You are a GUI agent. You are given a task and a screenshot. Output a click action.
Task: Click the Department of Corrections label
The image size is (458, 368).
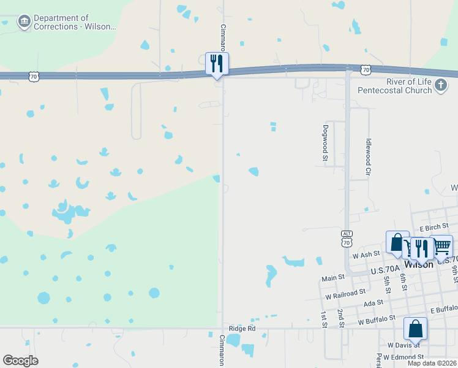point(74,23)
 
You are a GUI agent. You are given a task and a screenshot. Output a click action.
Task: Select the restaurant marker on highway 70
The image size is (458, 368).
point(217,64)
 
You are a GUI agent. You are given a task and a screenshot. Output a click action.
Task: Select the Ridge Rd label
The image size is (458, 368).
point(241,329)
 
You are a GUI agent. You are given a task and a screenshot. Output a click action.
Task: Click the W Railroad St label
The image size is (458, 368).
point(345,293)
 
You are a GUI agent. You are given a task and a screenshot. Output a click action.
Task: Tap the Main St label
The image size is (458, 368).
point(333,278)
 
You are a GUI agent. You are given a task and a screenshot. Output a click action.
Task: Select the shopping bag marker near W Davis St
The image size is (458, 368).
point(416,329)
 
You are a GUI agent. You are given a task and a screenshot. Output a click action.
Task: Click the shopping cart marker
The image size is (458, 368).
point(441,247)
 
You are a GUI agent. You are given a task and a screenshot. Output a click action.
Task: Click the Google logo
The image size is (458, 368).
point(20,361)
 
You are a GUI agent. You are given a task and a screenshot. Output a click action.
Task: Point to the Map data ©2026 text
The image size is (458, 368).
point(432,363)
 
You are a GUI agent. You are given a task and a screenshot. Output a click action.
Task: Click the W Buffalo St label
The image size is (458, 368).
point(379,321)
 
